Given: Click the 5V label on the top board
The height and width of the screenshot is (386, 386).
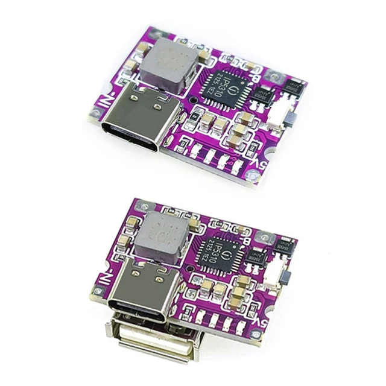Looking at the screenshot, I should (x=256, y=163).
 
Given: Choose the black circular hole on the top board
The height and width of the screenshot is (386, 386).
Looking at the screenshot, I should (x=192, y=99).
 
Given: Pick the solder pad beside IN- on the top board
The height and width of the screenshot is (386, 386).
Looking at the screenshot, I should (x=95, y=113).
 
